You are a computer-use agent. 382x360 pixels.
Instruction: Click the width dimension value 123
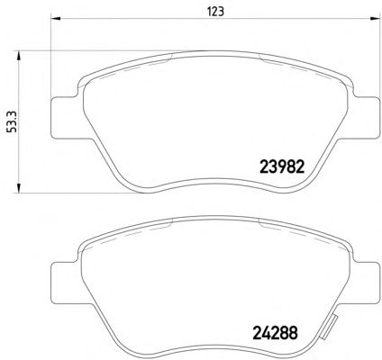click(215, 12)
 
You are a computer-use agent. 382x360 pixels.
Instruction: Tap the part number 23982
click(282, 166)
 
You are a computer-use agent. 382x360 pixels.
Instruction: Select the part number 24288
click(276, 332)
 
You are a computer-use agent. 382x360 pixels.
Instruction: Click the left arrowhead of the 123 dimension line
click(56, 19)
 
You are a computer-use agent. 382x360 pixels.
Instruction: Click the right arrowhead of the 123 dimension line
click(375, 19)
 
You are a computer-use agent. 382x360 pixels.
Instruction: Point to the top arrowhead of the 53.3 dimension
click(18, 56)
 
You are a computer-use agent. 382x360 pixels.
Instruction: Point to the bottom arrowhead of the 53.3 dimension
click(18, 187)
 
